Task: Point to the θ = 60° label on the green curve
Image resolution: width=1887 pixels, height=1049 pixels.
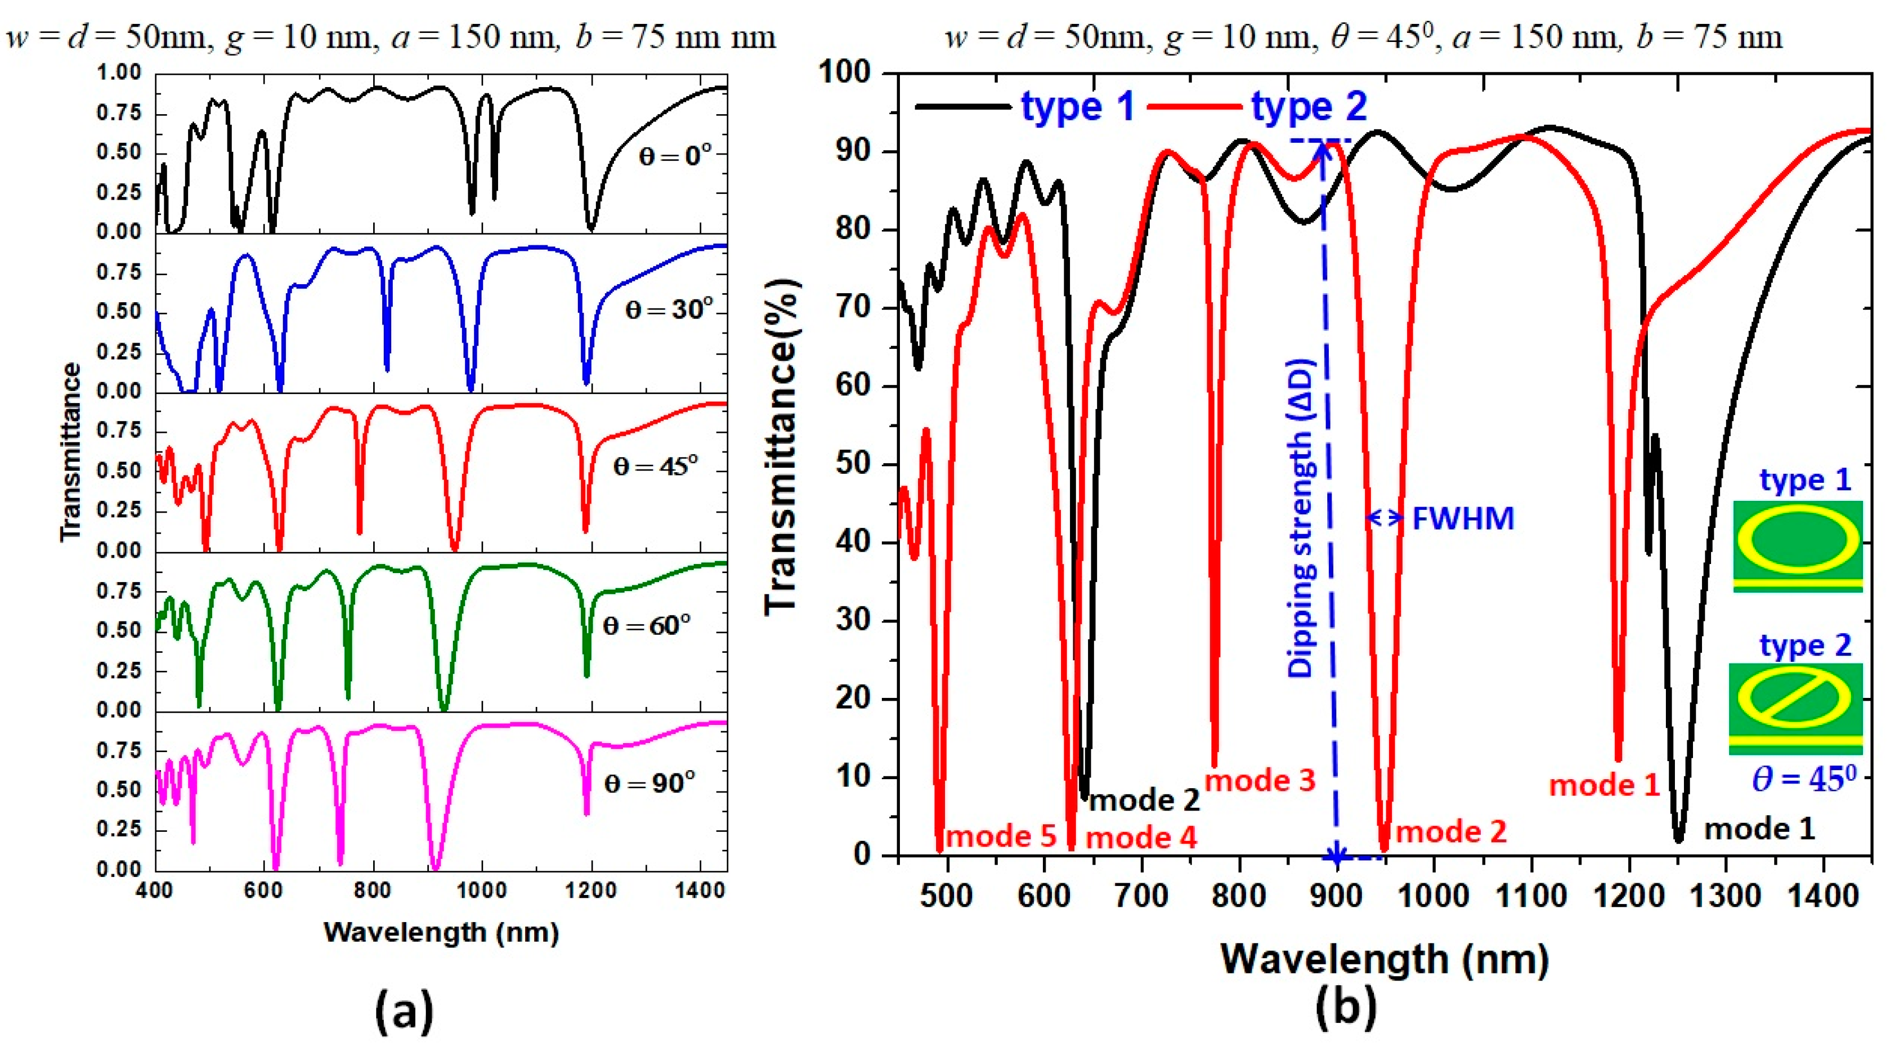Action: point(646,626)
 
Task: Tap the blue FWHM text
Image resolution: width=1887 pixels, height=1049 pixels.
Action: point(1462,518)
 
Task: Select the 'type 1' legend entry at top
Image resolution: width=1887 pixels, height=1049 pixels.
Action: point(1077,107)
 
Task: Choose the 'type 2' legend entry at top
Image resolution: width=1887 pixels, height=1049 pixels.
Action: point(1308,107)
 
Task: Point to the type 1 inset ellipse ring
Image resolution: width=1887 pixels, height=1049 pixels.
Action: point(1797,542)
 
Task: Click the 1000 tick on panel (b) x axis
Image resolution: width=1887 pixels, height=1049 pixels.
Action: point(1434,896)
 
